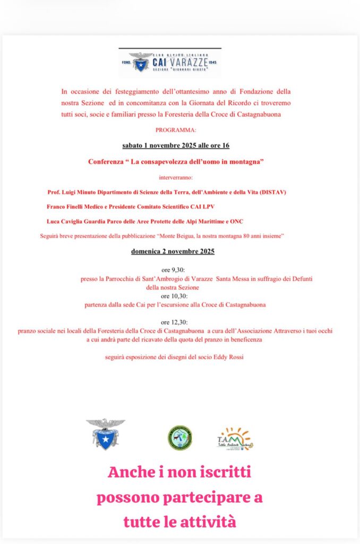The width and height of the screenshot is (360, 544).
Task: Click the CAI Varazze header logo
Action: [x=170, y=63]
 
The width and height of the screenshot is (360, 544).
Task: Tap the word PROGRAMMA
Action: [x=176, y=130]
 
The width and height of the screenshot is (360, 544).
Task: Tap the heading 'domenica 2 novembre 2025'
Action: [x=173, y=251]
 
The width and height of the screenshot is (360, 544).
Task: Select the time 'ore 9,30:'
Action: [x=173, y=270]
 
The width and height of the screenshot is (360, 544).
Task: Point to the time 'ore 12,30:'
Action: [x=174, y=322]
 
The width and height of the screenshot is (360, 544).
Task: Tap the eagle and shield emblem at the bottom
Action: [x=105, y=433]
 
